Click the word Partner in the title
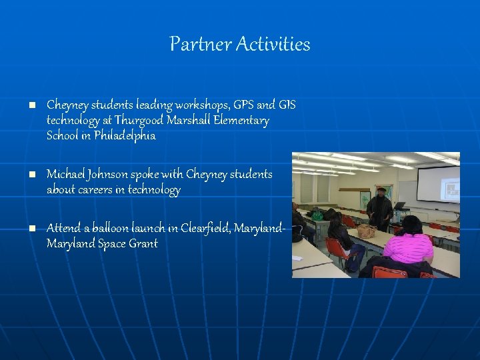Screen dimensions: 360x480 click(195, 45)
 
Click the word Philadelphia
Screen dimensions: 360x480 click(125, 136)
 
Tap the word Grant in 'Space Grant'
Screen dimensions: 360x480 click(143, 243)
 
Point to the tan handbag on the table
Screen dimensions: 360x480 click(366, 231)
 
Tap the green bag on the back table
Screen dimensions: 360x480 click(318, 215)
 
